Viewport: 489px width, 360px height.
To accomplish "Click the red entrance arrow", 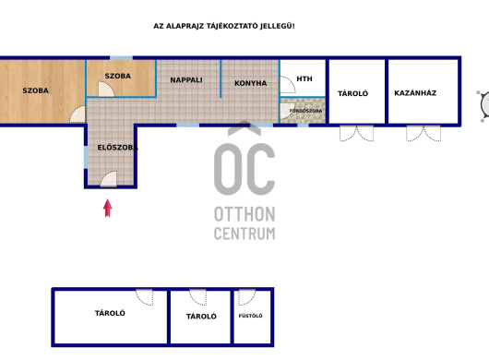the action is (x=108, y=208).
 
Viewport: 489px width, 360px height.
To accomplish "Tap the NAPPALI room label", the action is (x=186, y=80).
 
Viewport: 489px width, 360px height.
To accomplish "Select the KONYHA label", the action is (x=250, y=83).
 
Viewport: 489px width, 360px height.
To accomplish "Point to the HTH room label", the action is (x=304, y=79).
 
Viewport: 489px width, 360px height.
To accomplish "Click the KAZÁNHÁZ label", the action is (x=415, y=93).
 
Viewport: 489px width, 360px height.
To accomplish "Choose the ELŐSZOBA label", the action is (x=117, y=148).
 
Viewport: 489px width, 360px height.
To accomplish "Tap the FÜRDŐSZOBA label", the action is (x=305, y=111).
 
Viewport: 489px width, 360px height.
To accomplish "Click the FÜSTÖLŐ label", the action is (x=250, y=316).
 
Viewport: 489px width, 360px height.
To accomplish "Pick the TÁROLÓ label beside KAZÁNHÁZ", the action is (x=352, y=93).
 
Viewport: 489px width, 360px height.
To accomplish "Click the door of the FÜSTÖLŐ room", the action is (x=246, y=297).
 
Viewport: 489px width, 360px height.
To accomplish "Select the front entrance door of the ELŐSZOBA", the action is (x=109, y=179).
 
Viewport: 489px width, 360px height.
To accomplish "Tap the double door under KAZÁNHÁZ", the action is (x=423, y=133).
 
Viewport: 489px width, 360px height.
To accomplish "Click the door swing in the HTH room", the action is (x=288, y=85).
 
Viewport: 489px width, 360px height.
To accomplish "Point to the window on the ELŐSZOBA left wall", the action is (x=86, y=158).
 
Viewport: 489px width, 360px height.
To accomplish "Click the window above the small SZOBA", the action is (x=121, y=58).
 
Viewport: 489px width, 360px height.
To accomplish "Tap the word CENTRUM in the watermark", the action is (x=244, y=234).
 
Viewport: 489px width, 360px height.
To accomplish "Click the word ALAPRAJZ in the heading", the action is (x=185, y=26).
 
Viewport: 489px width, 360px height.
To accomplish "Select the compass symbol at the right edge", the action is (x=484, y=105).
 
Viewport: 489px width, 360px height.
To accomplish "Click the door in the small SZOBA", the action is (x=106, y=90).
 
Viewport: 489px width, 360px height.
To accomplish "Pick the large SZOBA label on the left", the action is (x=36, y=90).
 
